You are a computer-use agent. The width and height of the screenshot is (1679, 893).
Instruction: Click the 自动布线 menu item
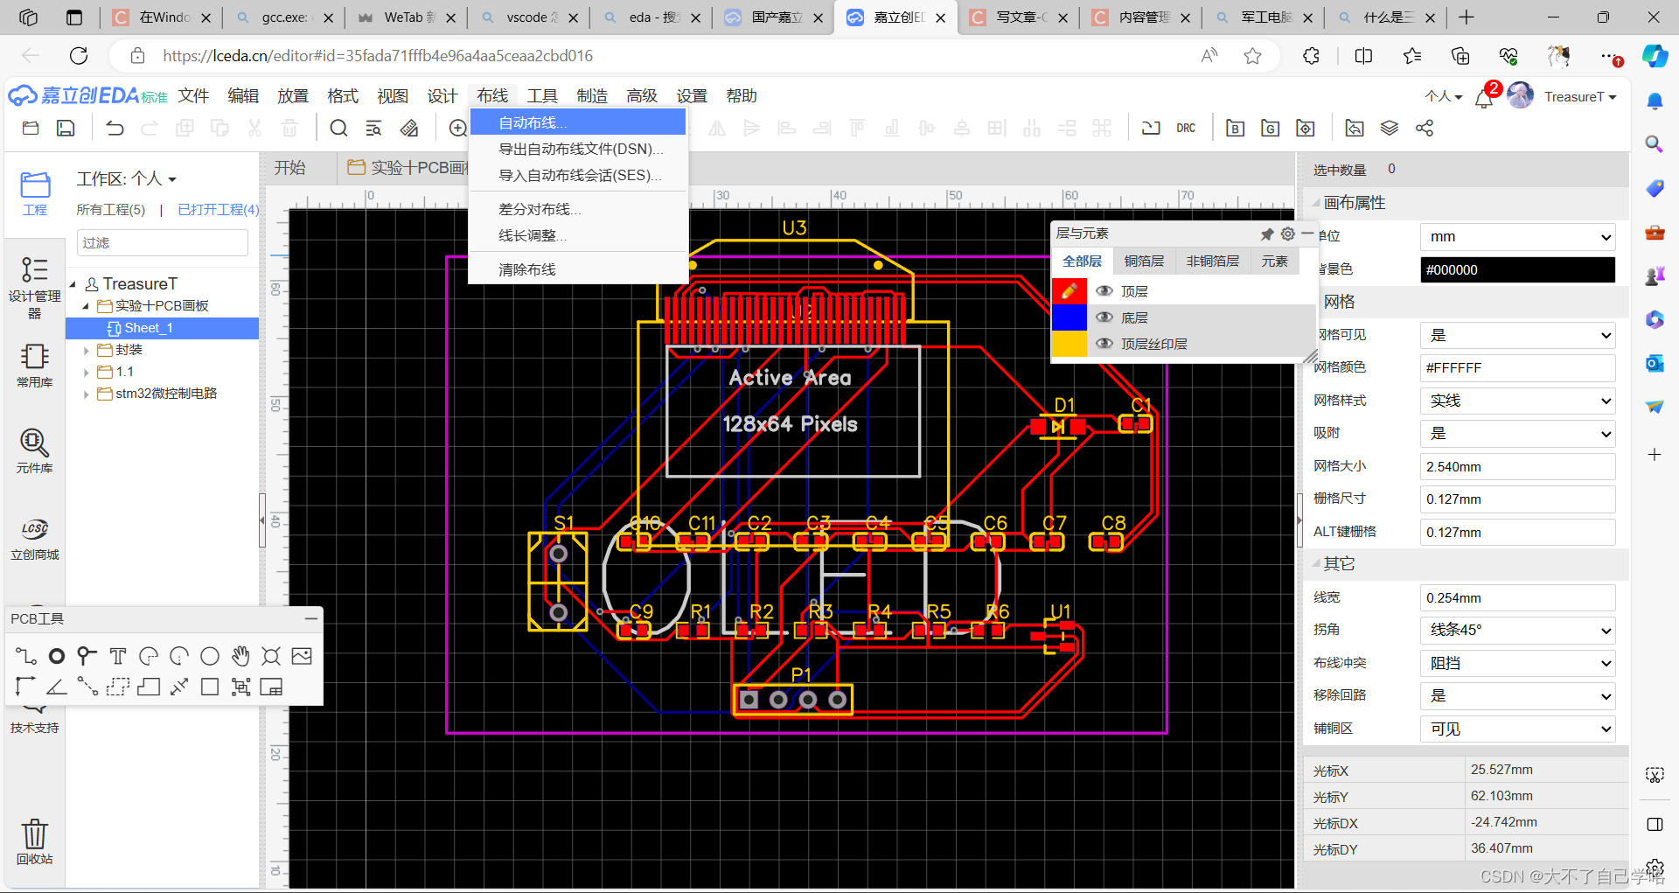click(532, 122)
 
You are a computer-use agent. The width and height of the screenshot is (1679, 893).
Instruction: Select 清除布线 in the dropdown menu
click(526, 269)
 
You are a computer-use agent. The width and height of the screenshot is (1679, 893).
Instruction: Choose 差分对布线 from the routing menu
click(539, 209)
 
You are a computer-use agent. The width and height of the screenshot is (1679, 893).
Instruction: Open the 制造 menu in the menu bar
click(592, 95)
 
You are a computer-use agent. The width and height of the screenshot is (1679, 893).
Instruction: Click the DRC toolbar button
click(1185, 128)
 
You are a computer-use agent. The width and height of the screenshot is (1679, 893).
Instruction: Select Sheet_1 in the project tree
click(148, 328)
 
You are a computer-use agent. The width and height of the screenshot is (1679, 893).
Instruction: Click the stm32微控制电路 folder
click(165, 394)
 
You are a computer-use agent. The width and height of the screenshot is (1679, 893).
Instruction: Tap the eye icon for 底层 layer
click(1104, 317)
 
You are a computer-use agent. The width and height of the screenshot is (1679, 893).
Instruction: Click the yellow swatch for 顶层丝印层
click(1069, 344)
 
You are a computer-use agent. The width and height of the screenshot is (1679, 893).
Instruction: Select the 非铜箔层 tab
click(1212, 261)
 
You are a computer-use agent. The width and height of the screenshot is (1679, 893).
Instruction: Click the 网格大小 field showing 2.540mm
click(1516, 466)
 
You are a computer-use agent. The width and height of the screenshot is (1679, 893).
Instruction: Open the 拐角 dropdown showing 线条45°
click(1516, 630)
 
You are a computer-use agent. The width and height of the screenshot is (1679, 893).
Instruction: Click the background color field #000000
click(1516, 269)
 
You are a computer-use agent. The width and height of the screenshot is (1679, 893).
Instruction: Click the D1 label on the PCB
click(1064, 405)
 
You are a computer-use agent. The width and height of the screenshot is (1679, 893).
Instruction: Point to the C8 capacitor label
click(1113, 522)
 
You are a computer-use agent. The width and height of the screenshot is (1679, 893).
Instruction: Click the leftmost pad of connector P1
click(749, 700)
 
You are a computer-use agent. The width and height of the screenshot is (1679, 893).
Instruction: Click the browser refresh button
click(79, 56)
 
